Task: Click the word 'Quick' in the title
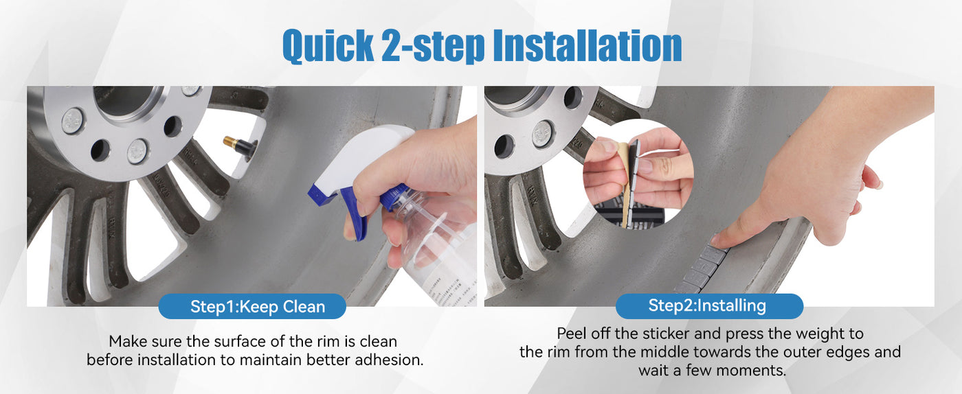[x=328, y=46]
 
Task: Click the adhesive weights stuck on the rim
[x=701, y=270]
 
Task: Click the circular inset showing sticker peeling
[x=638, y=174]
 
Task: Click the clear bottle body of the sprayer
[x=434, y=249]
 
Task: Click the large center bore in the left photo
[x=124, y=102]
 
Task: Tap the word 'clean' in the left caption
[x=379, y=342]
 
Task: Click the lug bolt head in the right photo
[x=542, y=134]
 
